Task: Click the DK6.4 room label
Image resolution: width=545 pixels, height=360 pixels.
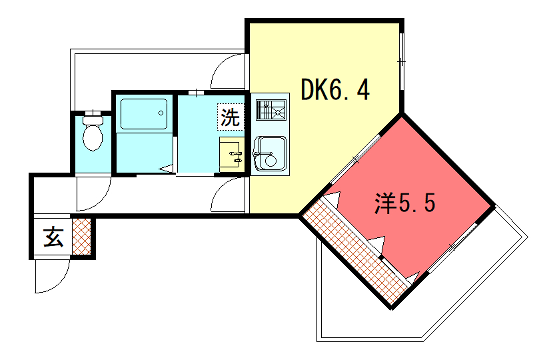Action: pyautogui.click(x=336, y=91)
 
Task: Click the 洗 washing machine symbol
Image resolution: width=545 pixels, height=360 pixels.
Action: pyautogui.click(x=231, y=116)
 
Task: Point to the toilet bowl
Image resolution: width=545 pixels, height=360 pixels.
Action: pyautogui.click(x=93, y=137)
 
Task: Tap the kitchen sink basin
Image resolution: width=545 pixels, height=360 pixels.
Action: pyautogui.click(x=268, y=157)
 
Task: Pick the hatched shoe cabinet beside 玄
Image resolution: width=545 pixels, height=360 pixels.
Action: pyautogui.click(x=81, y=238)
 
